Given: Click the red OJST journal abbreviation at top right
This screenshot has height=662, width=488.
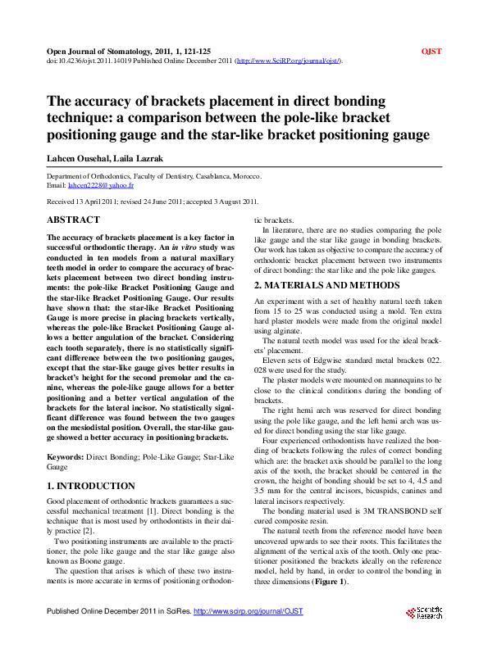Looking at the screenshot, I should tap(431, 51).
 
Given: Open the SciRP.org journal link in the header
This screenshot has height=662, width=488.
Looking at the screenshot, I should tap(288, 61).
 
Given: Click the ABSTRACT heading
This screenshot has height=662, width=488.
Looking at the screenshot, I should tap(74, 220).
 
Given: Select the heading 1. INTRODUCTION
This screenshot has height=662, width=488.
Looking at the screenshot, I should tap(91, 486).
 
